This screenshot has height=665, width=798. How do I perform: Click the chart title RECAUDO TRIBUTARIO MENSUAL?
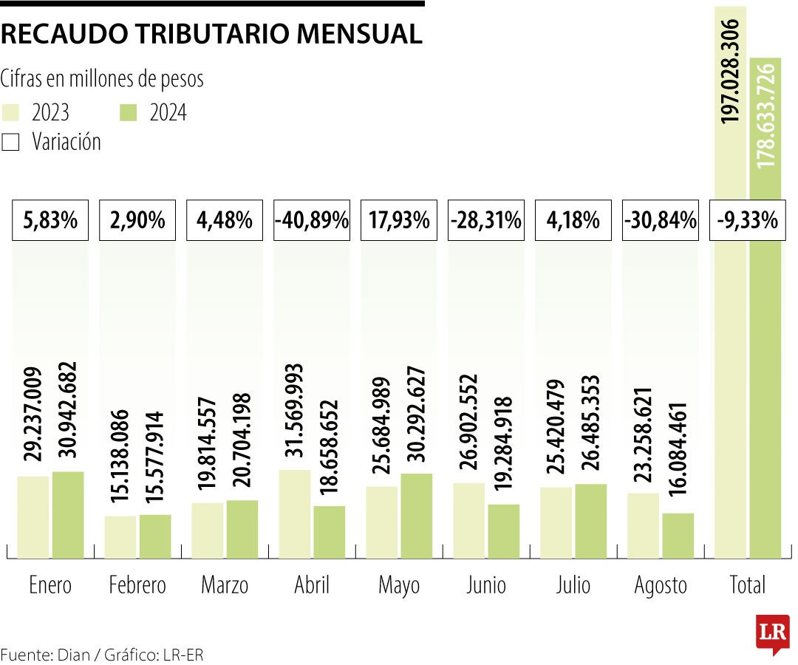click(212, 34)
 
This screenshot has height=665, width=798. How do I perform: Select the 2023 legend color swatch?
click(10, 112)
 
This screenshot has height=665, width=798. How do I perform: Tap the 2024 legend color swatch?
click(128, 112)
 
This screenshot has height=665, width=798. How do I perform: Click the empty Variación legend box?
click(10, 142)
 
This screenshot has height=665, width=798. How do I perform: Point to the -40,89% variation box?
click(311, 219)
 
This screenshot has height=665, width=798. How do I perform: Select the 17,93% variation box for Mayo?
click(398, 219)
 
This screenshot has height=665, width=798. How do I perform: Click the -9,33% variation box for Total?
click(747, 219)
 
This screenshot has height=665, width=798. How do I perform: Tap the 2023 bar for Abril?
click(294, 514)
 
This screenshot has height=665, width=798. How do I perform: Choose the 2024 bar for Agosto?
click(678, 535)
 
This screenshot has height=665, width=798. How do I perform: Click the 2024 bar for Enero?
click(67, 514)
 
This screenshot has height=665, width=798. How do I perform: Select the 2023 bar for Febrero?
click(120, 536)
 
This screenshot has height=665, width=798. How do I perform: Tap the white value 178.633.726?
click(766, 115)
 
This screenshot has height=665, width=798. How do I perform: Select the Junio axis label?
click(485, 586)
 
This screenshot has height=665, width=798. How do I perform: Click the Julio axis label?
click(573, 586)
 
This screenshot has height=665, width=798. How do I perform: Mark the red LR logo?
click(772, 633)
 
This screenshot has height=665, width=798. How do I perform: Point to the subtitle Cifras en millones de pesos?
click(103, 78)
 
